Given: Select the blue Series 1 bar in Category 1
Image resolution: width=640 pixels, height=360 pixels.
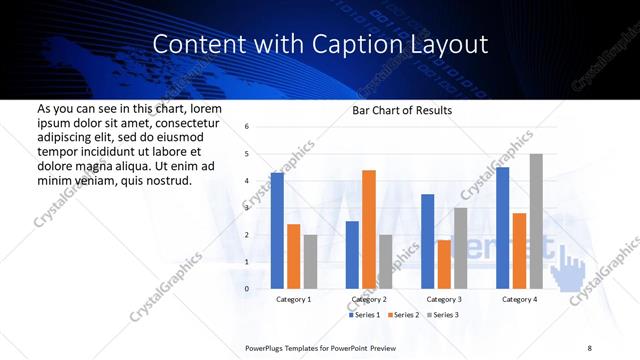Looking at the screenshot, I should pos(277,230).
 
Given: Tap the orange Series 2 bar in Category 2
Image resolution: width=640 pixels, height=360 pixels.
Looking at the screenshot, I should pos(369,229).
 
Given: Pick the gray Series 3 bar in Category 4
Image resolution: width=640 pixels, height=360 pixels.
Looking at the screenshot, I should pos(536,221).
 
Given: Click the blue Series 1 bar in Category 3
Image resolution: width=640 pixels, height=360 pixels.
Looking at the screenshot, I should pos(428,241).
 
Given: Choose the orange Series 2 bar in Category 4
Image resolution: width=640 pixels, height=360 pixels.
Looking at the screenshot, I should pos(519,250).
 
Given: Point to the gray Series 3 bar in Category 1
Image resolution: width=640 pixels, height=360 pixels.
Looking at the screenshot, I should pos(311,261).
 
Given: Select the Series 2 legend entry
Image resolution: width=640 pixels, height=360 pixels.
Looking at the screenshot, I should pos(405,315).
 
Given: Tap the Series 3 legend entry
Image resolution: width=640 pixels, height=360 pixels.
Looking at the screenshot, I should pos(445,315).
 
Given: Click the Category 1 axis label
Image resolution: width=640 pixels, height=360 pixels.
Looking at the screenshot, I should pos(294,299).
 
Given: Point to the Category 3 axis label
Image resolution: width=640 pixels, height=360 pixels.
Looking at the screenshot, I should pos(444,299).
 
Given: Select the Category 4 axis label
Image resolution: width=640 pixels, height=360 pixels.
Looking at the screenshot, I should pos(519,299).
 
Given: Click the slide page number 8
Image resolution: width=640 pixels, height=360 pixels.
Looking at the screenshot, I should pos(589,347).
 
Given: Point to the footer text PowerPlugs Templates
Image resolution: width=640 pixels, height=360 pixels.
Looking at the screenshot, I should pos(283,347).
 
